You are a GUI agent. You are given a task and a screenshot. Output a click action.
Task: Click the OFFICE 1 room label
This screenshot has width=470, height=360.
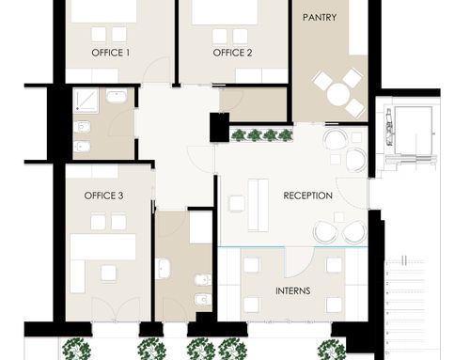click(x=110, y=53)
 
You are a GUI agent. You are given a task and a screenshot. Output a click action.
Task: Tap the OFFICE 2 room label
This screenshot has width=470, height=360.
click(x=232, y=53)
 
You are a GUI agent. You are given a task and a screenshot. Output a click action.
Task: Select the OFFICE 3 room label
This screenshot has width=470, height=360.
click(x=103, y=196)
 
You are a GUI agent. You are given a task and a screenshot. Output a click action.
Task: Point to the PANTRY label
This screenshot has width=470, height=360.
click(x=320, y=17)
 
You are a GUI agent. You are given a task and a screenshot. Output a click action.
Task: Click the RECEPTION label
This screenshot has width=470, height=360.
click(x=307, y=196)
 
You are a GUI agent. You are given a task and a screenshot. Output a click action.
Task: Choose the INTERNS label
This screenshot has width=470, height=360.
click(x=293, y=291)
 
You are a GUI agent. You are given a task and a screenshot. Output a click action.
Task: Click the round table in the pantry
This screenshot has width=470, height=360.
click(x=338, y=95)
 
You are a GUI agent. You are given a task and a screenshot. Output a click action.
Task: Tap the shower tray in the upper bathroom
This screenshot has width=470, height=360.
click(x=86, y=101)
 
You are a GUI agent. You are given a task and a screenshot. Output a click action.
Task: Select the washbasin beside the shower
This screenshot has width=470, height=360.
click(x=117, y=96)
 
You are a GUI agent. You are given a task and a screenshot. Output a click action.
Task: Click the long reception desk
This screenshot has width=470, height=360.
click(x=258, y=205)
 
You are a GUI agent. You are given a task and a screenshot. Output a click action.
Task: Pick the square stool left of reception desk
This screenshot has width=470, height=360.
click(x=237, y=204)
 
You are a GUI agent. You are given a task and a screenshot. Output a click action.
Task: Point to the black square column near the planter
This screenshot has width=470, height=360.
click(x=219, y=128)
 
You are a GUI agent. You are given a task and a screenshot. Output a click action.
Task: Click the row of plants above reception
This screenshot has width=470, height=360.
click(x=262, y=135)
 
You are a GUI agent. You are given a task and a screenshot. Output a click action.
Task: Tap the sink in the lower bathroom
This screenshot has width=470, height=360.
click(x=163, y=269)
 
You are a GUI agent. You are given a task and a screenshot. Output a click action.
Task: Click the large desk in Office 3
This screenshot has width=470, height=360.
click(x=103, y=247)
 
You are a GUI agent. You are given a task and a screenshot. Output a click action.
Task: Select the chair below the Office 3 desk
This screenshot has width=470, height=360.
click(x=108, y=274)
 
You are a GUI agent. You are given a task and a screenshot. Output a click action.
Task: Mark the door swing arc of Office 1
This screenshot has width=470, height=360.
click(x=152, y=65)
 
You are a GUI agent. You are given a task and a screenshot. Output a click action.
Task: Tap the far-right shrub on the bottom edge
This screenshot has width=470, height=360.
click(x=331, y=350)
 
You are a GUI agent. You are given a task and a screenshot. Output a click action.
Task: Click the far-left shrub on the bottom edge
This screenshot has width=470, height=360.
click(x=76, y=349)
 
